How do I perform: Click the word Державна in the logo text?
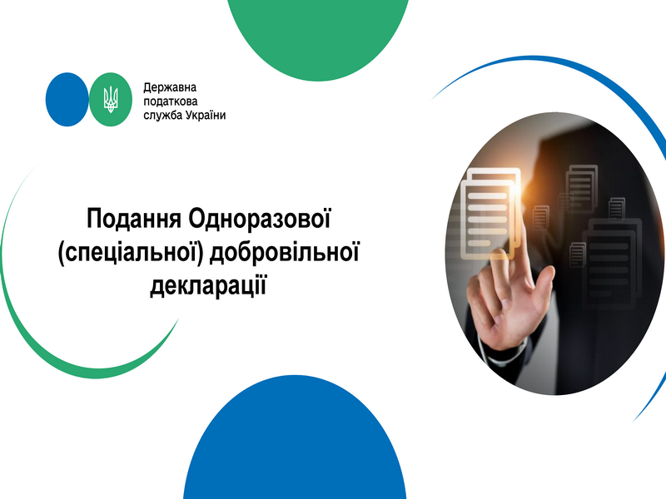170,88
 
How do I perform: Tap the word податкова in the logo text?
171,101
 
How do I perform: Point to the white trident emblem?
111,99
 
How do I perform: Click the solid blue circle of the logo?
67,99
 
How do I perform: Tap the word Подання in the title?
134,218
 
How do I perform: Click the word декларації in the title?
208,285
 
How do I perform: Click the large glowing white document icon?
491,214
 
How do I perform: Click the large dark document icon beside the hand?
612,264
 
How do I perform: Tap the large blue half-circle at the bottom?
295,442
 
